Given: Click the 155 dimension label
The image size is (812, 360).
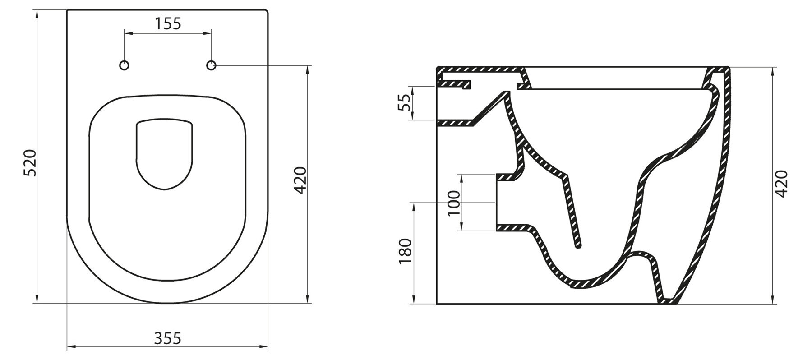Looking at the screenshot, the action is [x=168, y=23].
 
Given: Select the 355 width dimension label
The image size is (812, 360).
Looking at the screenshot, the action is [x=168, y=338].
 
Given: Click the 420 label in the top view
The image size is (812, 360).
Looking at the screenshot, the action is [x=301, y=180].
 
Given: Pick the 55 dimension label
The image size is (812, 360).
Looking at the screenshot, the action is [x=406, y=103].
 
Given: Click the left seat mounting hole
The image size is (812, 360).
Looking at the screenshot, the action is [x=125, y=66].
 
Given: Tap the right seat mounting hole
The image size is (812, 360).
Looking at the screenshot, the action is [x=211, y=66].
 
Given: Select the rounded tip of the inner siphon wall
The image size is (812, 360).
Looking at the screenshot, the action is [x=578, y=245].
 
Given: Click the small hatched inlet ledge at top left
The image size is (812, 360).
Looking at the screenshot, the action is [x=455, y=84].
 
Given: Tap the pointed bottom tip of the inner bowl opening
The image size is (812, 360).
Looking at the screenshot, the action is [x=165, y=189].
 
